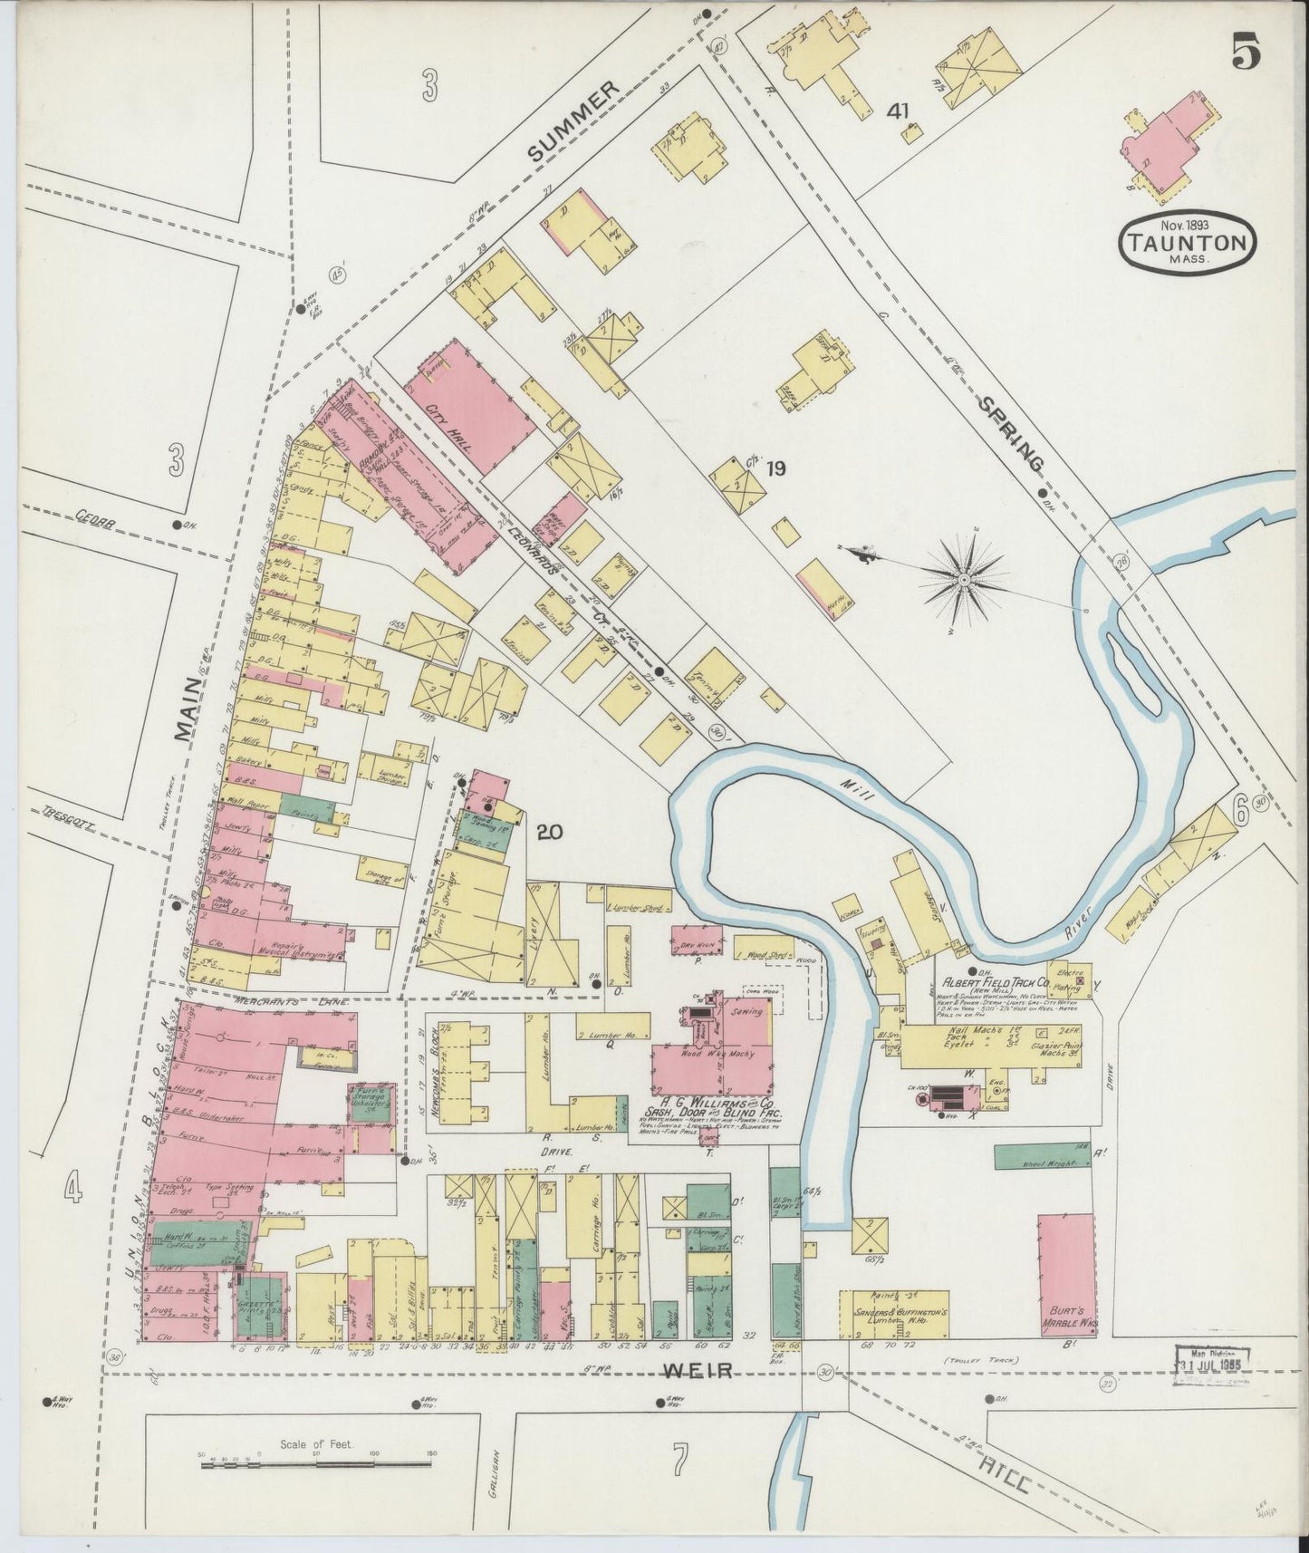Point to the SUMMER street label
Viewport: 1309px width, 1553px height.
pos(573,121)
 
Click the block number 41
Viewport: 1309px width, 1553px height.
pos(898,111)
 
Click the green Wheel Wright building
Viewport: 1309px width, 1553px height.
pos(1042,1155)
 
